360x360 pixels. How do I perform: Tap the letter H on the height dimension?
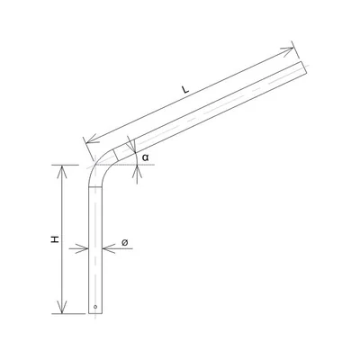point(55,240)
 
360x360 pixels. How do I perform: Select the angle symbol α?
point(145,157)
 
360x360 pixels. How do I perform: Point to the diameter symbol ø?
point(125,241)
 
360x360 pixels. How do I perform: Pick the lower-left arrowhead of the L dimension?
point(86,139)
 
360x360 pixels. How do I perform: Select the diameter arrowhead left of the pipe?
point(87,249)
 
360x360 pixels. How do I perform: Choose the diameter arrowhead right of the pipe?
point(105,249)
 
